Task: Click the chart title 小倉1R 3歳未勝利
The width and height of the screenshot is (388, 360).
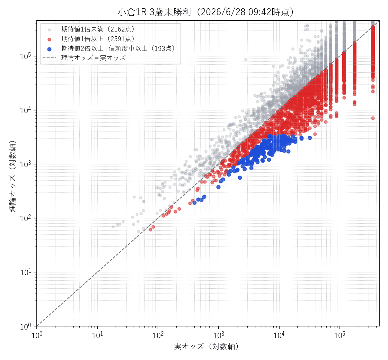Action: pos(154,12)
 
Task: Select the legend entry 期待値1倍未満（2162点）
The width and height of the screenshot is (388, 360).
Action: pos(98,29)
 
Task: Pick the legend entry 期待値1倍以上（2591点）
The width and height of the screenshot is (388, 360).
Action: pos(98,39)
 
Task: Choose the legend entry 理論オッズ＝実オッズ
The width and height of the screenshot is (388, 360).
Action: pos(94,58)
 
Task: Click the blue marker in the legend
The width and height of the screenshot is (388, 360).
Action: pos(50,49)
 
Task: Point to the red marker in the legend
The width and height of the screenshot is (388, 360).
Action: pos(50,39)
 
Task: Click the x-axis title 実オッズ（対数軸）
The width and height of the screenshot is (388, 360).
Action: pos(206,346)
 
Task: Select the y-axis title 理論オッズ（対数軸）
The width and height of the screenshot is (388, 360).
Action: pos(12,176)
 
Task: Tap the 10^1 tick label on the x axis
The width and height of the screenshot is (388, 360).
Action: pos(97,335)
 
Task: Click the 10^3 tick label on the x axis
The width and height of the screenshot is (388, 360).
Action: pos(219,335)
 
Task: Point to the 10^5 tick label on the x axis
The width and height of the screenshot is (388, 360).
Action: pos(339,335)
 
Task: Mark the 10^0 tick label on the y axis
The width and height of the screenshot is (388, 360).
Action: pos(26,326)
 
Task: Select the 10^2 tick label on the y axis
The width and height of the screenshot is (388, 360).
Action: pos(26,218)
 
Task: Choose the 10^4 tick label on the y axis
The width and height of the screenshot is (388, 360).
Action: pos(26,110)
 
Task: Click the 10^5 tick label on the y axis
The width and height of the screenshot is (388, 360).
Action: pos(26,56)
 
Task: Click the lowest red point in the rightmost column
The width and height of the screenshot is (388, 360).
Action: pos(373,118)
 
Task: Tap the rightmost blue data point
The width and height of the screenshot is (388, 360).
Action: pos(310,138)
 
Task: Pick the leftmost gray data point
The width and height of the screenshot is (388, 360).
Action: pos(113,227)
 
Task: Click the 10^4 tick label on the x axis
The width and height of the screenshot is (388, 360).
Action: pos(279,335)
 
